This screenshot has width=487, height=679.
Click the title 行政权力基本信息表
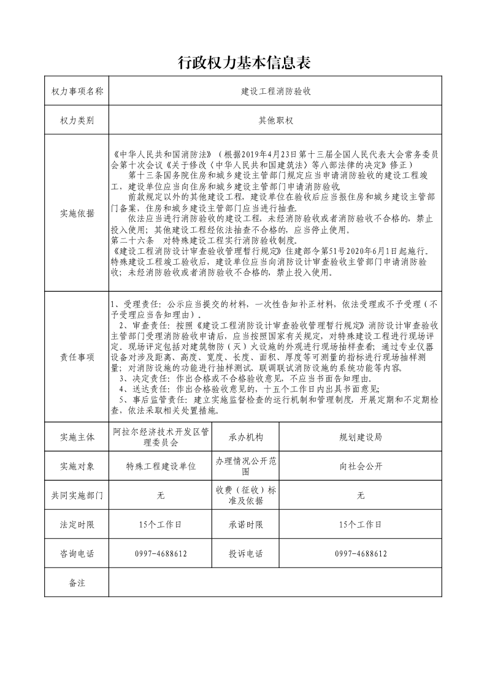[243, 62]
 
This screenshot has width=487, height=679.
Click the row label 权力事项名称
[77, 91]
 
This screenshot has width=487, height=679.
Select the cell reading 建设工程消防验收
[276, 91]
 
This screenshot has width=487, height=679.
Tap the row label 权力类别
[77, 121]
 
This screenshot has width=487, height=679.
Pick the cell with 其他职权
[276, 121]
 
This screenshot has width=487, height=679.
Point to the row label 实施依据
[77, 213]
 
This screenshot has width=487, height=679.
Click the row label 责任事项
[77, 358]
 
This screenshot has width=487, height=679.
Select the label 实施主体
[77, 437]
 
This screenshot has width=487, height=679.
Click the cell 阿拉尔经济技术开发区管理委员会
[161, 437]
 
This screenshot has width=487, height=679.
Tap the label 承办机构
[245, 437]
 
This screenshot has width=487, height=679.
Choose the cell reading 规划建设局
[361, 437]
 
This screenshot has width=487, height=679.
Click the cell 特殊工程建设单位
[161, 466]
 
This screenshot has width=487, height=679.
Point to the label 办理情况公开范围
[245, 466]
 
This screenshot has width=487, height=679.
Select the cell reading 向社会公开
[361, 466]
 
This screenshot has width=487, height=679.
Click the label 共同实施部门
[77, 496]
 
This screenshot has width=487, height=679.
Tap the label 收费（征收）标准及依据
[245, 496]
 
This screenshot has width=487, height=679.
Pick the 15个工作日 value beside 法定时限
[161, 525]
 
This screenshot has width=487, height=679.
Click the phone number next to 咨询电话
[161, 553]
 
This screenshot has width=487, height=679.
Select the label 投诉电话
[245, 553]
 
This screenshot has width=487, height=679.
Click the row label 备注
[77, 583]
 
